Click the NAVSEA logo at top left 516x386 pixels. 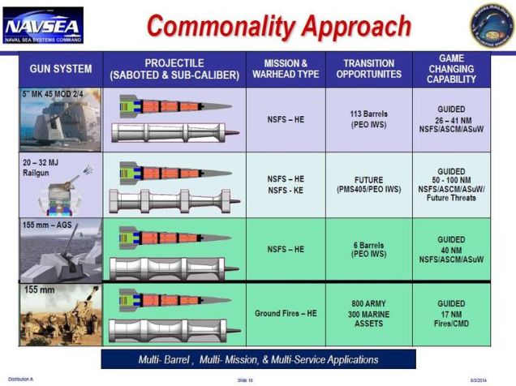pyautogui.click(x=42, y=25)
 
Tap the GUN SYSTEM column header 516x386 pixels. pyautogui.click(x=61, y=69)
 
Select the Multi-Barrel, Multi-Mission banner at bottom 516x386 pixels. pyautogui.click(x=257, y=359)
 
